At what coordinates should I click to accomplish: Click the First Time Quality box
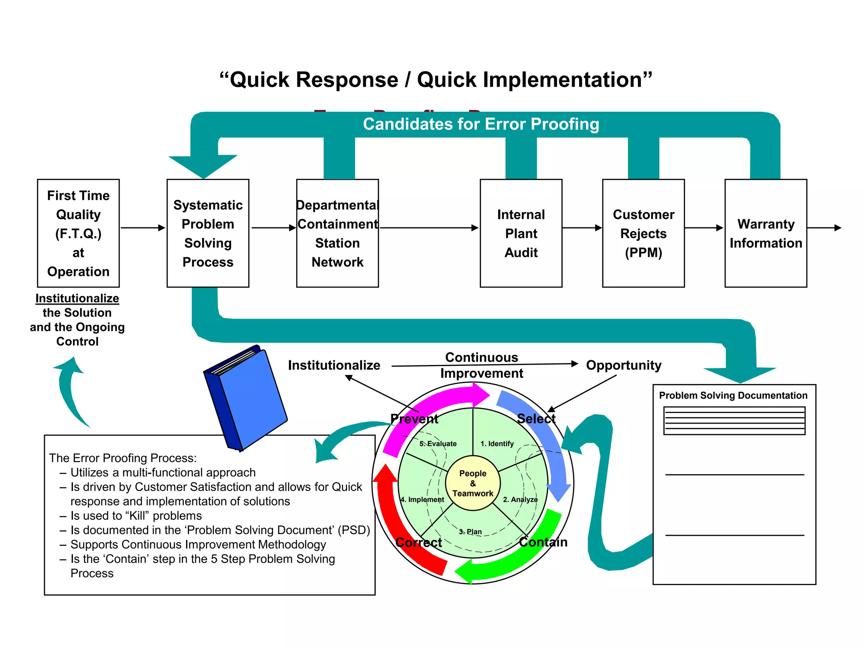pos(78,233)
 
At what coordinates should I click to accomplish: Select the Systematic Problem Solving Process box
pos(208,233)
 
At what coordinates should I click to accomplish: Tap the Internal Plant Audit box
pos(521,233)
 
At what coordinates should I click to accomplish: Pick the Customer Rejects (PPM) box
pos(643,233)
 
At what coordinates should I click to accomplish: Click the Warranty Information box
pos(766,233)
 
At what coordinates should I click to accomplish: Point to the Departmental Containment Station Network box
pos(337,233)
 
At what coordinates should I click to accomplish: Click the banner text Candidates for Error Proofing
pos(481,124)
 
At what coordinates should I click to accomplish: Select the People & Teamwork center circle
pos(473,483)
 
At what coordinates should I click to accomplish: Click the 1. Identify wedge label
pos(497,443)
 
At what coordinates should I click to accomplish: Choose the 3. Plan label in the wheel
pos(470,532)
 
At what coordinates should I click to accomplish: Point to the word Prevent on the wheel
pos(414,419)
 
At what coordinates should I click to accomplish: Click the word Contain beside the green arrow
pos(543,542)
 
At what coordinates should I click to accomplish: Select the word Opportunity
pos(624,365)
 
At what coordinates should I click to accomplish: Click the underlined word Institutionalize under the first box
pos(77,298)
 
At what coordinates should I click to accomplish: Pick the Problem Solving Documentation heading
pos(733,395)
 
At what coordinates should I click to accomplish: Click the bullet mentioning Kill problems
pos(136,516)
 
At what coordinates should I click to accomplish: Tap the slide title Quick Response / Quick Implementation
pos(436,80)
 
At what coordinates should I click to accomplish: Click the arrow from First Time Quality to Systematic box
pos(143,228)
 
